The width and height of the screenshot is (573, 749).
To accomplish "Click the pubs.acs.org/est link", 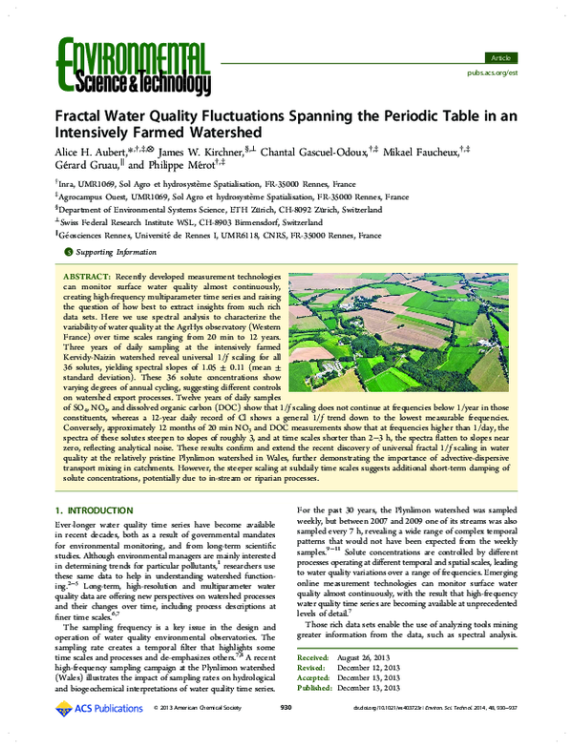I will [494, 72].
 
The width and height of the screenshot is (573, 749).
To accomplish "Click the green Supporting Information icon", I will [66, 252].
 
